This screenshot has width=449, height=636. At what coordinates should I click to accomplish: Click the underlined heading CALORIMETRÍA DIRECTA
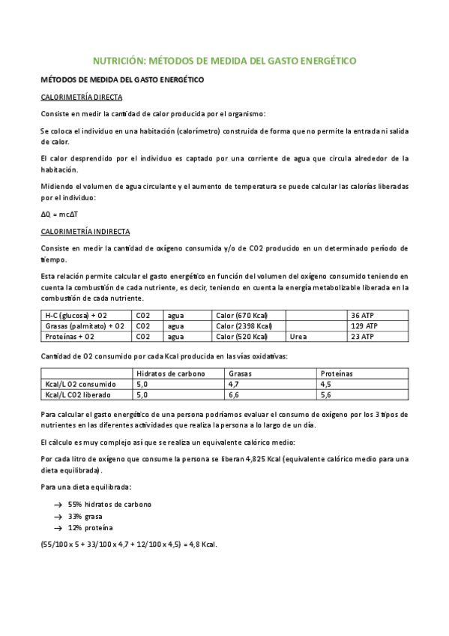81,97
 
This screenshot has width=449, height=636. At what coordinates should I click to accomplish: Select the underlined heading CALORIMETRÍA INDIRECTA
85,232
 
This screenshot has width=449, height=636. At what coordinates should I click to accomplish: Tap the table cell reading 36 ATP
362,315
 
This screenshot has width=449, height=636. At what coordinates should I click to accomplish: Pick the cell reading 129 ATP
364,326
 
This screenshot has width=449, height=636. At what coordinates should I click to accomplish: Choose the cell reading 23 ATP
362,337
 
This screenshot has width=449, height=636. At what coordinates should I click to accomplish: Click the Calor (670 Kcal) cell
241,315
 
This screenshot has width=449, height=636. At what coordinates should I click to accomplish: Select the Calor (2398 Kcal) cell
243,326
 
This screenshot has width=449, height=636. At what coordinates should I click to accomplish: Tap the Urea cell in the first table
298,337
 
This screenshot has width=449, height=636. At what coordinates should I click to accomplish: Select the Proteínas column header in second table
337,373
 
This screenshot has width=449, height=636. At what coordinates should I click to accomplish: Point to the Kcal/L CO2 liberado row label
76,394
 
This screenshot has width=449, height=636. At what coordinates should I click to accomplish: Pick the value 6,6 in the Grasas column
234,394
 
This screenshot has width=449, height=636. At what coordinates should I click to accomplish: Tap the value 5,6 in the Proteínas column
325,394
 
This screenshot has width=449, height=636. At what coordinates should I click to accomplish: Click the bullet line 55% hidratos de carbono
109,504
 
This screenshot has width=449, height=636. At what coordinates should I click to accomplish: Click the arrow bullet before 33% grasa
58,517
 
